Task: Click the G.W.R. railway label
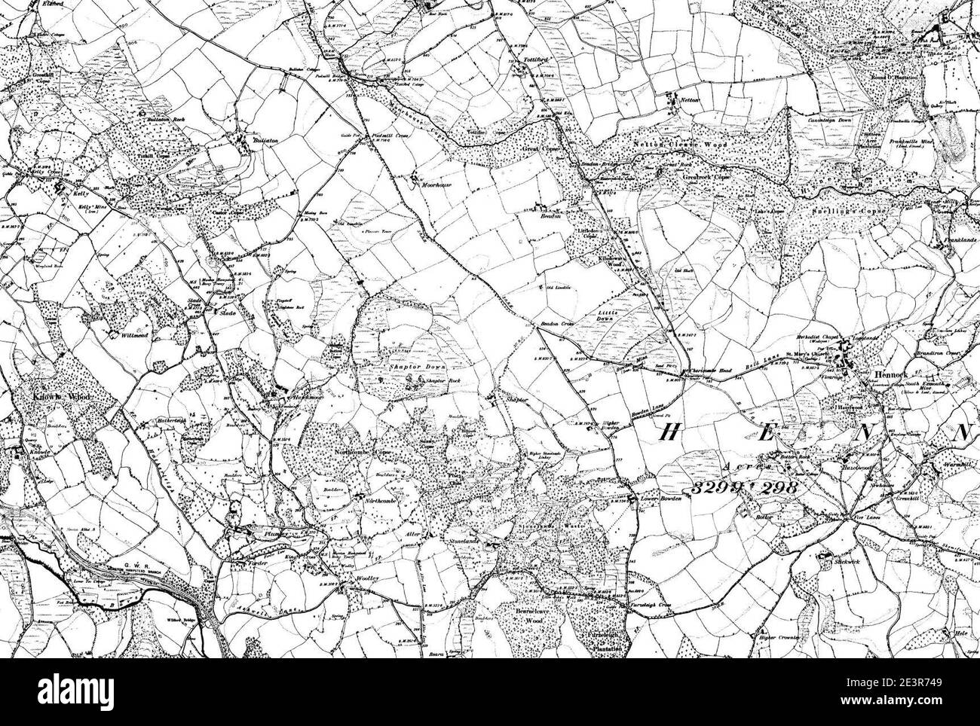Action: tap(123, 572)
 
